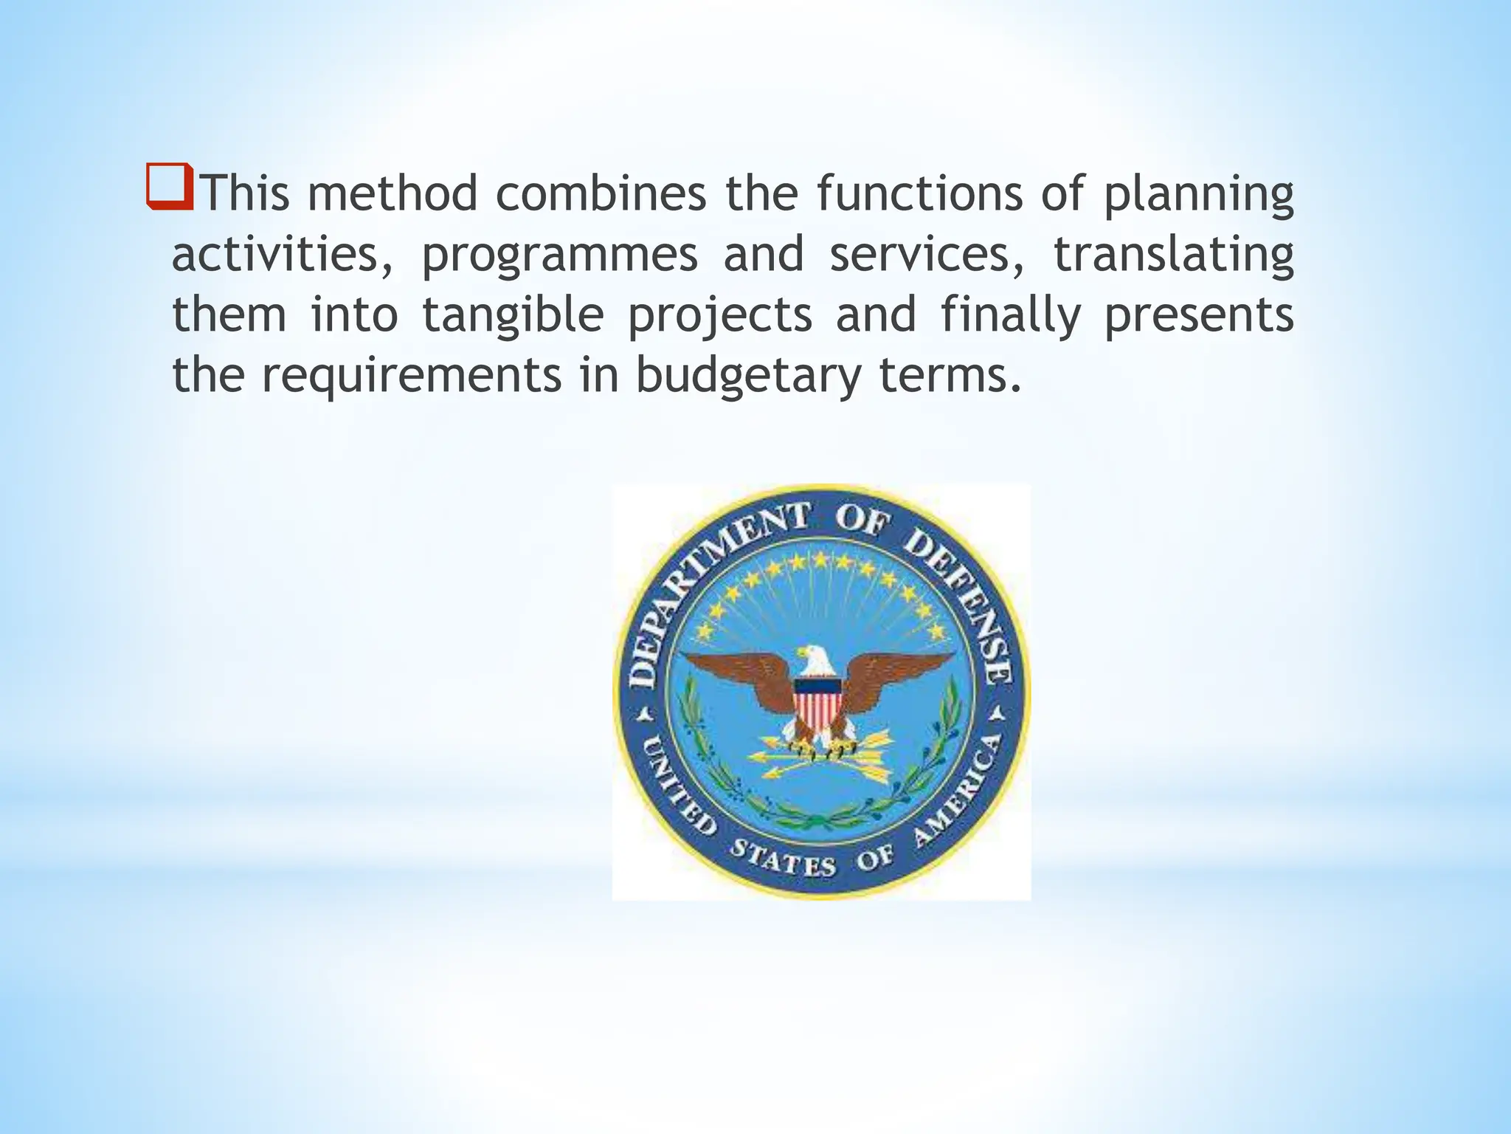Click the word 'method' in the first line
point(393,193)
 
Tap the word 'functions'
point(919,193)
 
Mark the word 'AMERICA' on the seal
point(959,794)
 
